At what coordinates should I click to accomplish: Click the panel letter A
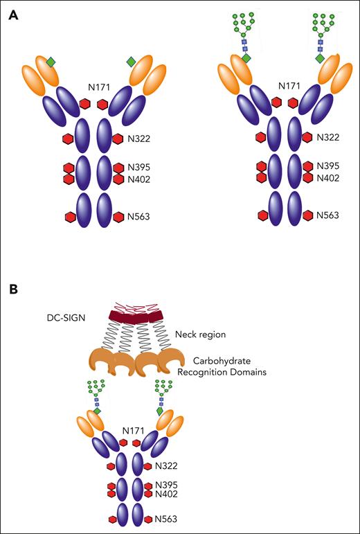pyautogui.click(x=13, y=13)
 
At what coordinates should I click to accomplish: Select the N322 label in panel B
pyautogui.click(x=167, y=466)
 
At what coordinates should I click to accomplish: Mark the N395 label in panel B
pyautogui.click(x=167, y=485)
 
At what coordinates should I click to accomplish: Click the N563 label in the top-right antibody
pyautogui.click(x=327, y=216)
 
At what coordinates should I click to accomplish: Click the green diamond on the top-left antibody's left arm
pyautogui.click(x=51, y=62)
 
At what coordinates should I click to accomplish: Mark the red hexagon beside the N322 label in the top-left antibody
pyautogui.click(x=117, y=139)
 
